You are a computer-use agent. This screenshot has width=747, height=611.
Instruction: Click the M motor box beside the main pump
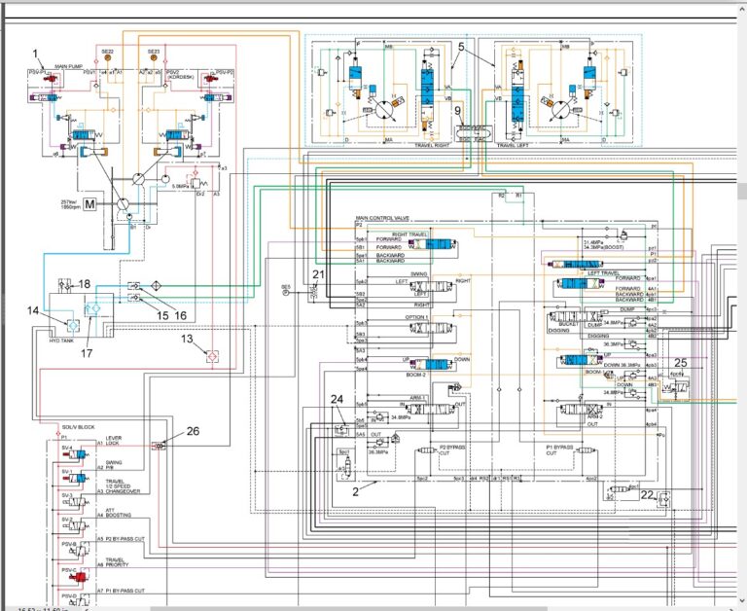coord(89,204)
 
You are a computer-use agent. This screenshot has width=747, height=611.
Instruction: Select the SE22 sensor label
coord(107,52)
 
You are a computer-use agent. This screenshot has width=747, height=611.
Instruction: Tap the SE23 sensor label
coord(154,52)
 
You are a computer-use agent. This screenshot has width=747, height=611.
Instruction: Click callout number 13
coord(187,339)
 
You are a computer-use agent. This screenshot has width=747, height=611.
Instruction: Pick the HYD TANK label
coord(61,341)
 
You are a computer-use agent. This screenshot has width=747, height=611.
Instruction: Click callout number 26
coord(193,431)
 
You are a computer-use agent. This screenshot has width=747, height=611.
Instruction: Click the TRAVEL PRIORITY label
coord(116,562)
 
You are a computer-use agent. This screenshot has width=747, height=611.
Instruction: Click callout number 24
coord(337,400)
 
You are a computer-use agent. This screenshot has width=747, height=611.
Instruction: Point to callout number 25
coord(680,364)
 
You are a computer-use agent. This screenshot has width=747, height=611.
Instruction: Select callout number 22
coord(647,495)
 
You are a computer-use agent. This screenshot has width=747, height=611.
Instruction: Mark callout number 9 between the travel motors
coord(457,110)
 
